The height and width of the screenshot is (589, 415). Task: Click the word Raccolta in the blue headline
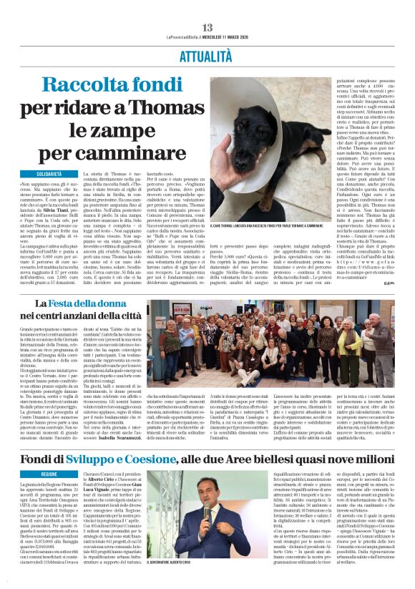pos(80,86)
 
